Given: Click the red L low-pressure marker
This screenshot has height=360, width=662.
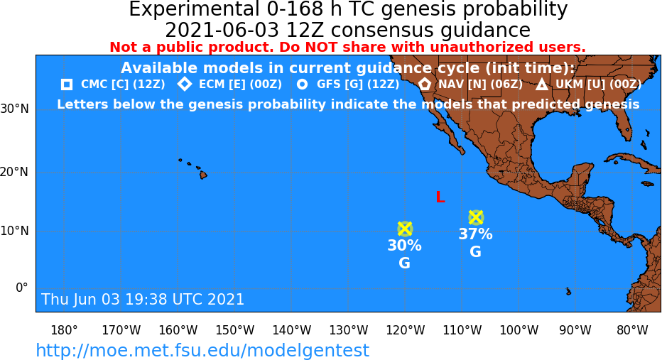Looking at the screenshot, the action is [x=440, y=197].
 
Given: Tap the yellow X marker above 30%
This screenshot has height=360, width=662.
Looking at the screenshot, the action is [x=405, y=229].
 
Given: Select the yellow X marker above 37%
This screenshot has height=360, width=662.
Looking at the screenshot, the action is [x=476, y=217].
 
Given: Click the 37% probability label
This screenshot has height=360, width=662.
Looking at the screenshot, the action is [x=475, y=234].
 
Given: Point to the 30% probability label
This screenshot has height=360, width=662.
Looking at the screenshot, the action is [x=404, y=245].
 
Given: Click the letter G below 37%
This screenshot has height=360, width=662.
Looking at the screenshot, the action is [x=475, y=252].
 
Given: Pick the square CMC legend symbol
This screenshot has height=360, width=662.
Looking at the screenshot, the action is [x=66, y=84].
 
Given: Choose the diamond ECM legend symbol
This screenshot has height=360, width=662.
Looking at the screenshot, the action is [x=185, y=84].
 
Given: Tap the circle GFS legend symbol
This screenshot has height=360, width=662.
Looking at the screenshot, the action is [x=302, y=84].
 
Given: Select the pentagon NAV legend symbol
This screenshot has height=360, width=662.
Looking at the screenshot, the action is [x=424, y=84].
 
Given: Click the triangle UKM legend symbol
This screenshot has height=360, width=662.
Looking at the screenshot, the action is [x=542, y=84].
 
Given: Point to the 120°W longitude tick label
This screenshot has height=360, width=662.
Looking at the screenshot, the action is [x=406, y=330].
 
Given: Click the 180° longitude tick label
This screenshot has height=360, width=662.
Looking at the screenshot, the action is [x=64, y=330].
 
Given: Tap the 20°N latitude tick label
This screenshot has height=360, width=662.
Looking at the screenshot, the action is [x=14, y=173].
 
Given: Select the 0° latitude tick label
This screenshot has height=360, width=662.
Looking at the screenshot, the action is [x=21, y=288].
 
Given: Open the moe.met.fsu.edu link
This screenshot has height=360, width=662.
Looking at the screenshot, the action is [x=202, y=350].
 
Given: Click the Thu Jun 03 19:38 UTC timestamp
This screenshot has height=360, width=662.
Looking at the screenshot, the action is [x=143, y=299].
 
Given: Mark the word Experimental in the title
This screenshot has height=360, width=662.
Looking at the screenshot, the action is [x=194, y=10].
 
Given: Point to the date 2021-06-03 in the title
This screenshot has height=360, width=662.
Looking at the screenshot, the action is [x=222, y=31].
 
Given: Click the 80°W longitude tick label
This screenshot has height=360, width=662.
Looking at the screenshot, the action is [x=632, y=330].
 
